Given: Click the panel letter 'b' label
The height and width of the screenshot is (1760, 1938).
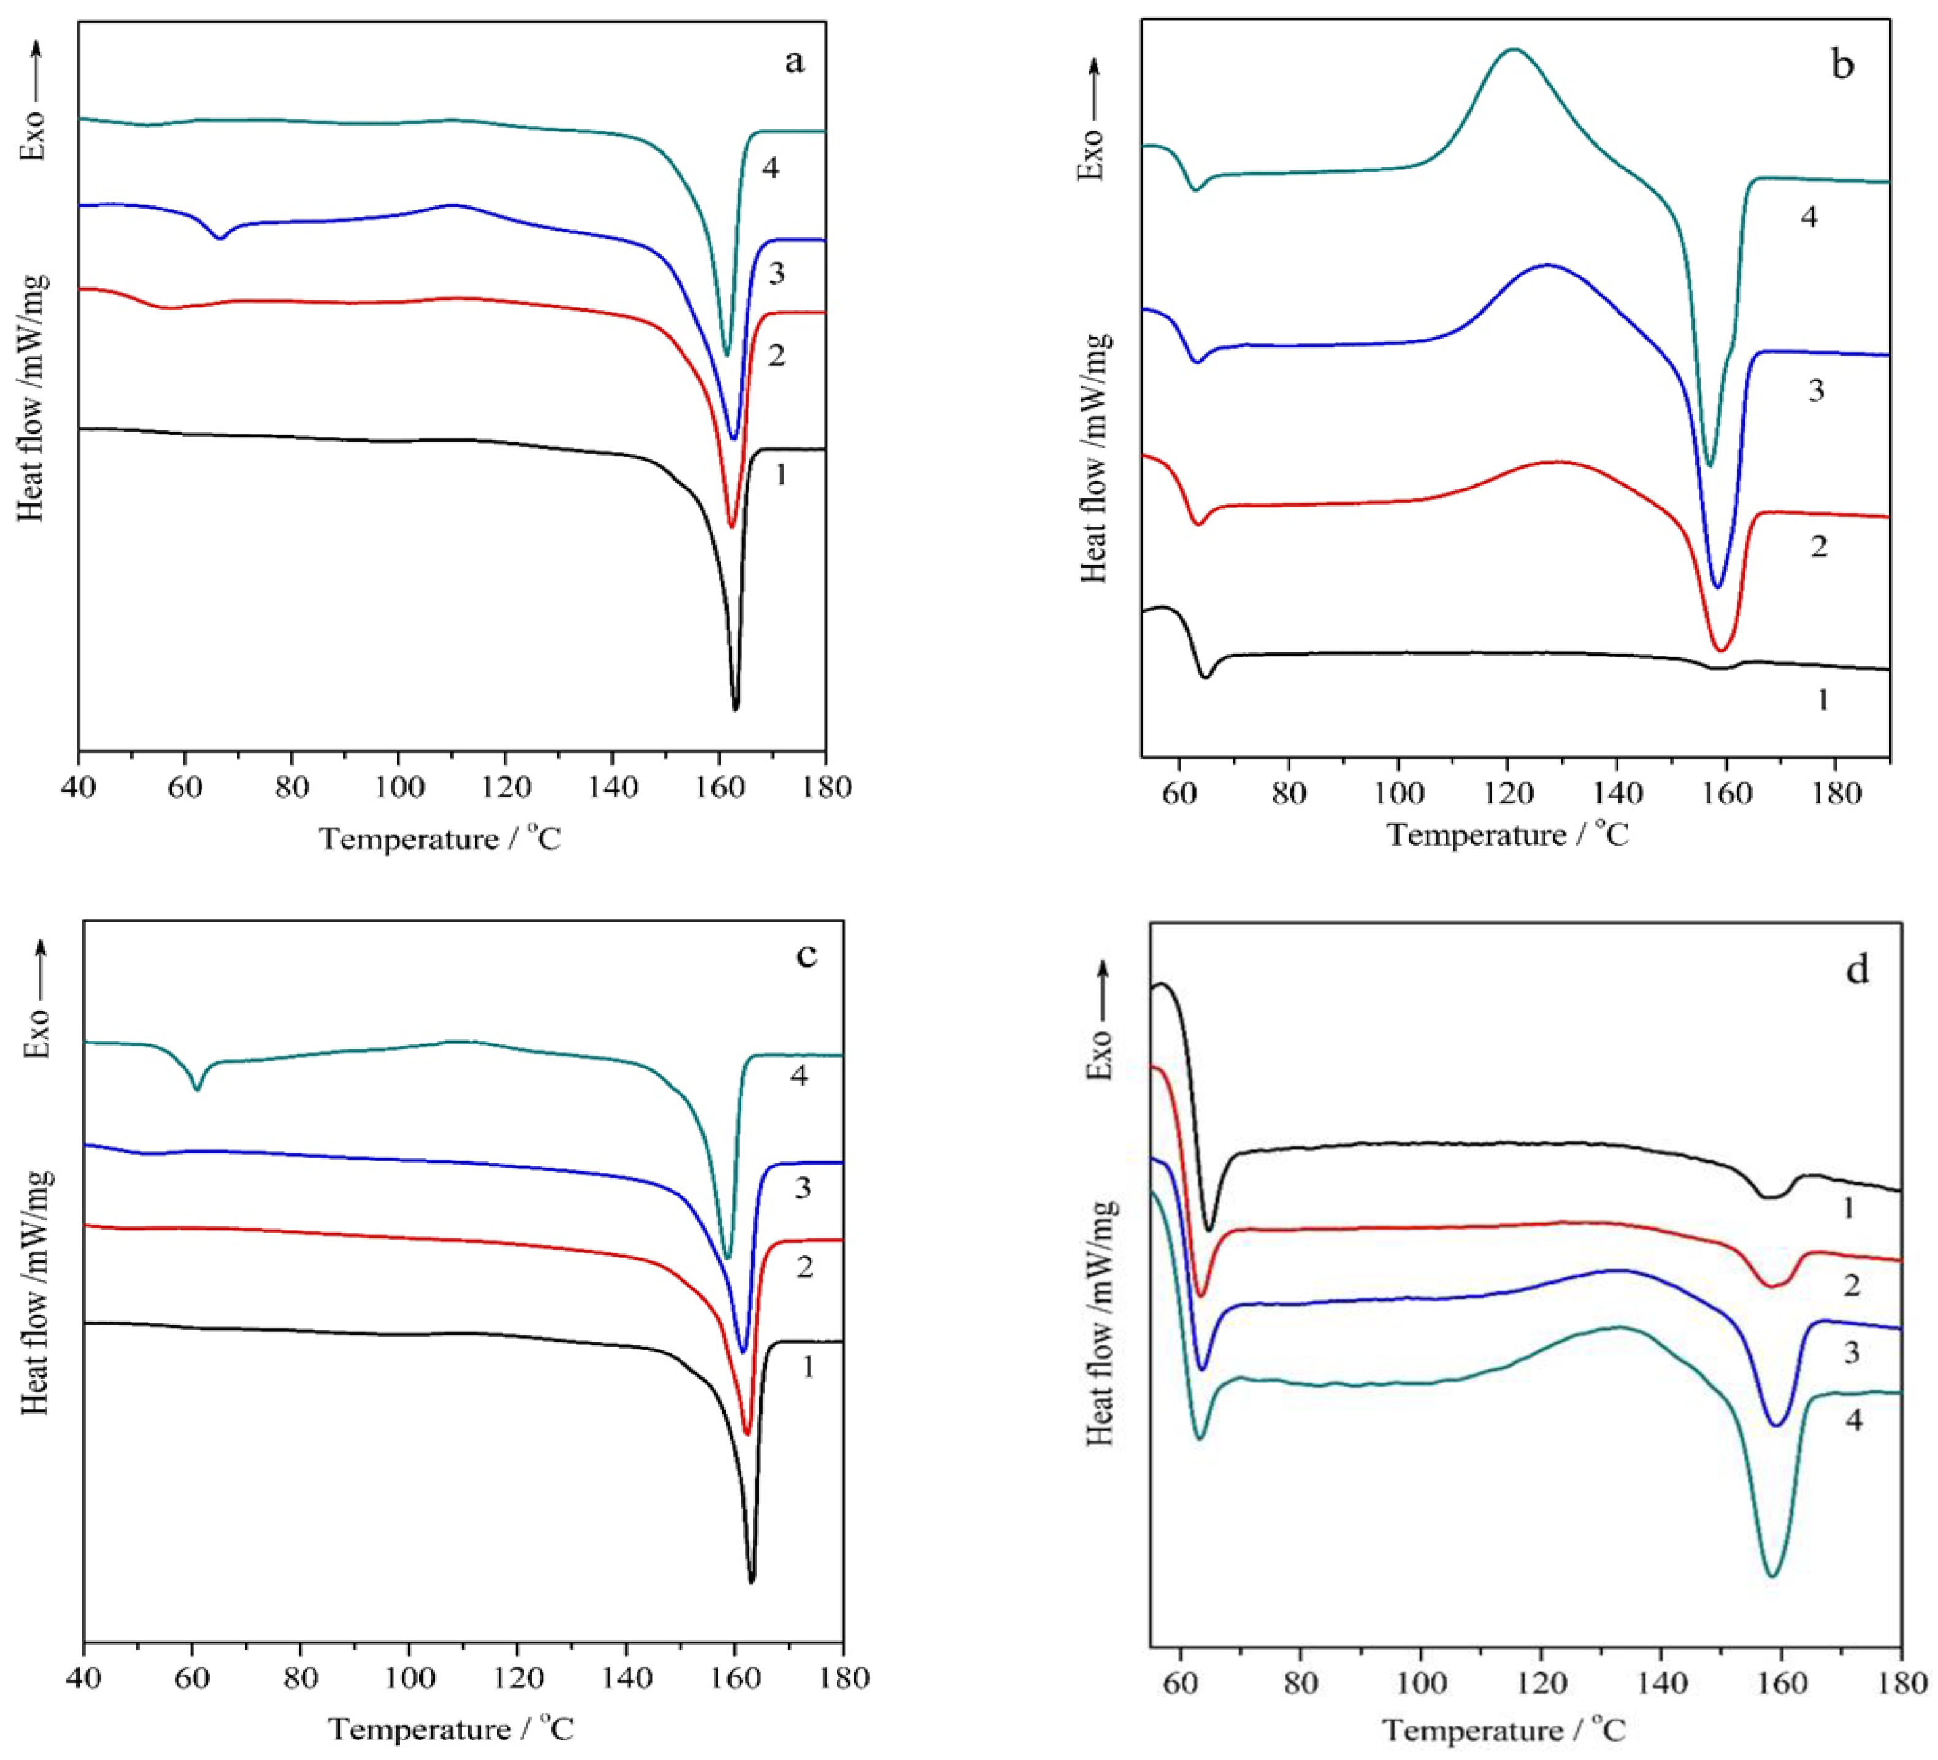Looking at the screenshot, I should tap(1842, 66).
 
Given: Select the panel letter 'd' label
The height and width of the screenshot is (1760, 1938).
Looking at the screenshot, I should tap(1856, 970).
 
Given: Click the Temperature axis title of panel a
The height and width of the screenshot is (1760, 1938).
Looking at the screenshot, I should tap(440, 839).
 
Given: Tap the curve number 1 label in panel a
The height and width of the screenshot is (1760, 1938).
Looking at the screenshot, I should tap(781, 474).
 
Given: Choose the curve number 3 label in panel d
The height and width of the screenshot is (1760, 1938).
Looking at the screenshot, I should tap(1852, 1353).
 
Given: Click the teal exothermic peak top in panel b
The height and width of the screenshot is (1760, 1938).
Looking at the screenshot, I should tap(1514, 49).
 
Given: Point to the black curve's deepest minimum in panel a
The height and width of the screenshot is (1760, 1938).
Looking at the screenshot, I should tap(735, 708).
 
